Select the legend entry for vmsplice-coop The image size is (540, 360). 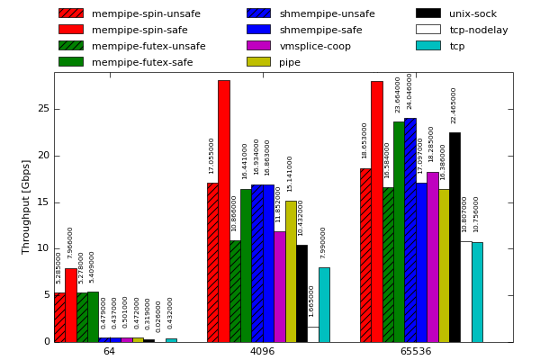[x=315, y=46]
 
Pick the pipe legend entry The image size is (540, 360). [x=290, y=62]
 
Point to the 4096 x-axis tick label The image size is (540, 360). [x=262, y=351]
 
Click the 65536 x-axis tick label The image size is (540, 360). [x=415, y=351]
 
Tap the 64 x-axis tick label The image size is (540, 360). [x=109, y=351]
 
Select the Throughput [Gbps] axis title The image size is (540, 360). [x=26, y=206]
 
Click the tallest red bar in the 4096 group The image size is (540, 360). [x=223, y=211]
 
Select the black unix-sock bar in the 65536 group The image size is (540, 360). [x=454, y=238]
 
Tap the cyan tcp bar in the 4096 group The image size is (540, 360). [x=324, y=304]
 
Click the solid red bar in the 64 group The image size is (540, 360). [x=70, y=305]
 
